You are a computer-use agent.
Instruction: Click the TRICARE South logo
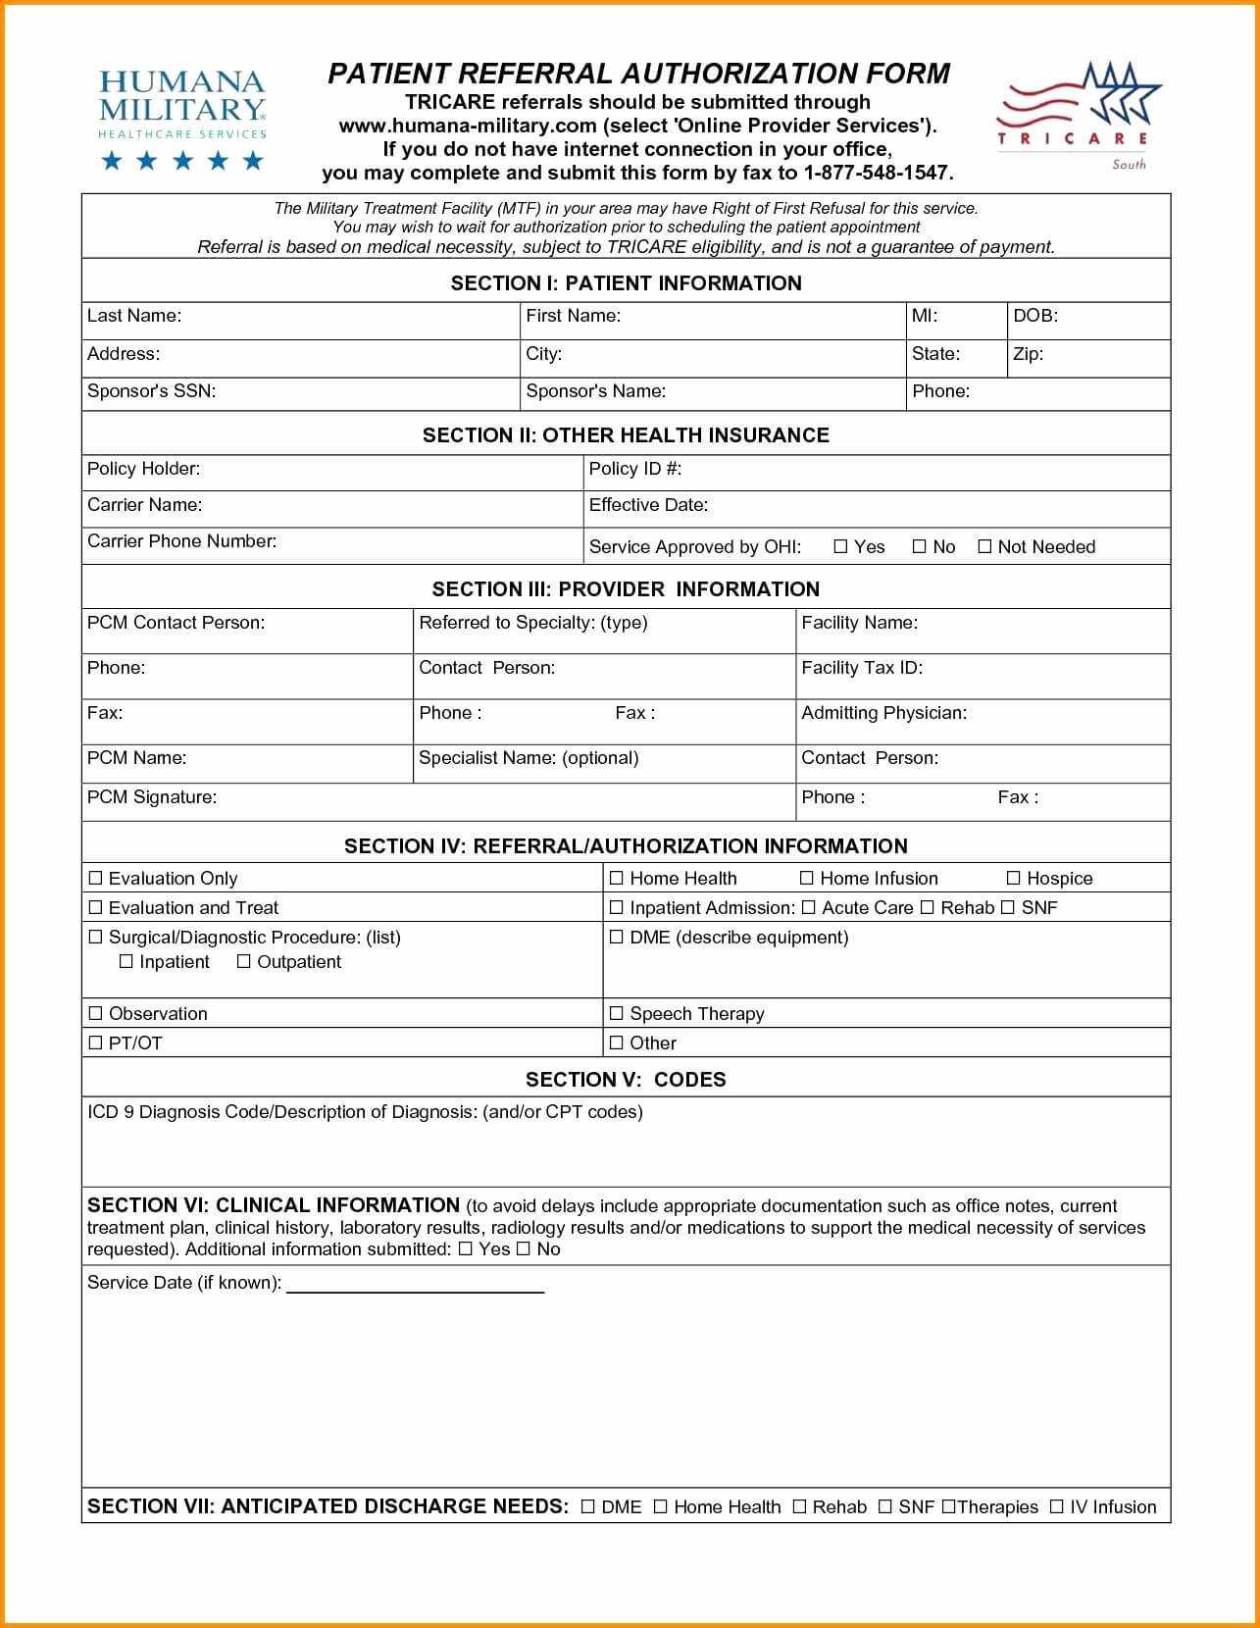tap(1078, 116)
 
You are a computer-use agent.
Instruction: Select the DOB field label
tap(1034, 316)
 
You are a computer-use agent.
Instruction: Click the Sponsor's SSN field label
tap(151, 391)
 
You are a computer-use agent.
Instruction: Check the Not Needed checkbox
tap(984, 547)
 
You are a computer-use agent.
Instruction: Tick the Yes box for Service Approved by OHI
tap(840, 547)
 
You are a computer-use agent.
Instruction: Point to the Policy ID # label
tap(634, 469)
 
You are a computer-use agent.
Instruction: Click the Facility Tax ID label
tap(861, 668)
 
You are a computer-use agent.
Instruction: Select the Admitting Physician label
tap(882, 713)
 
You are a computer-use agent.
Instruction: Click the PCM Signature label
tap(151, 797)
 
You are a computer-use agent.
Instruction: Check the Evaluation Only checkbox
tap(96, 878)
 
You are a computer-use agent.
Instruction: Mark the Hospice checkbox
tap(1014, 878)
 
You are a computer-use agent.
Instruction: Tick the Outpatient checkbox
tap(244, 962)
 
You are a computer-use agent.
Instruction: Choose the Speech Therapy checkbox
tap(617, 1013)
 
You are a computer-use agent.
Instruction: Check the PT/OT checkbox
tap(96, 1043)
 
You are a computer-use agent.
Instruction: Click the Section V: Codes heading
tap(626, 1080)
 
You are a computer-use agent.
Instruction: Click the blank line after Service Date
tap(415, 1285)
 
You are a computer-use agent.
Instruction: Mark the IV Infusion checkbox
tap(1056, 1506)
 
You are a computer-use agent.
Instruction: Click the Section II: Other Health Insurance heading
tap(626, 435)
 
